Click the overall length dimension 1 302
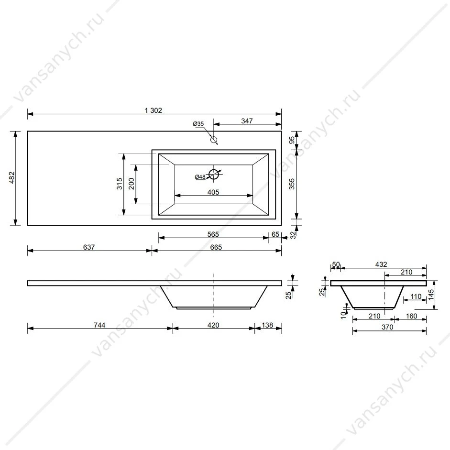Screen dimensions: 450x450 coord(153,110)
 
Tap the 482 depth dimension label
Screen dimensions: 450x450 coord(12,177)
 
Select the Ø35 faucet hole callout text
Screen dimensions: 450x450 coord(198,124)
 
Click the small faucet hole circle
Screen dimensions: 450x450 coord(214,140)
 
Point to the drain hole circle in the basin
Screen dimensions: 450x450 coord(214,174)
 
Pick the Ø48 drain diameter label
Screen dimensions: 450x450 coord(200,177)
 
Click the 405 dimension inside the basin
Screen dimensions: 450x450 coord(213,192)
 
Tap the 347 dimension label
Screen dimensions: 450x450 coord(247,121)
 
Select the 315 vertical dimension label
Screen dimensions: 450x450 coord(120,184)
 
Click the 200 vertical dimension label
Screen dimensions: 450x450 coord(132,184)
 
